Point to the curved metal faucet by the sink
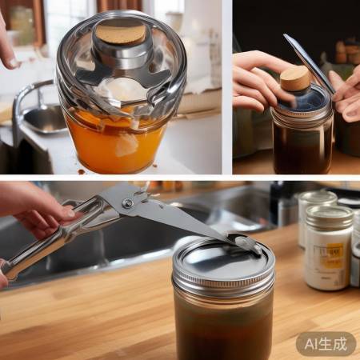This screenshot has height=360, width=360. (x=24, y=100)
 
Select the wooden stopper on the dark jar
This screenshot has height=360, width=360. (x=294, y=78)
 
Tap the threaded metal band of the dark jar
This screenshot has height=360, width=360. (x=302, y=115)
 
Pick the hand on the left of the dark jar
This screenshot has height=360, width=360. (x=258, y=80)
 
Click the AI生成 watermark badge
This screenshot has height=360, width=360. (x=326, y=344)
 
